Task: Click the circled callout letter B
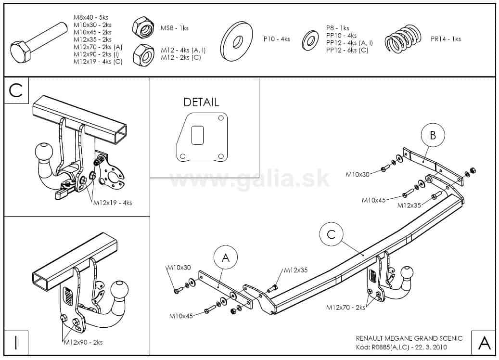[x=433, y=136]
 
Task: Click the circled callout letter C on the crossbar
[x=331, y=234]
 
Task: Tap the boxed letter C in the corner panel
[x=15, y=91]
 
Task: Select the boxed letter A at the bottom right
[x=484, y=342]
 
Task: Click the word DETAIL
[x=201, y=102]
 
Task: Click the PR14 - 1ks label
[x=446, y=39]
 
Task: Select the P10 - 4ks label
[x=276, y=39]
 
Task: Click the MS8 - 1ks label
[x=174, y=28]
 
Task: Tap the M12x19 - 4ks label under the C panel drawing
[x=113, y=203]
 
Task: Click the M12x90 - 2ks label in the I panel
[x=83, y=342]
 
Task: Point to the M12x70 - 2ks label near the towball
[x=345, y=307]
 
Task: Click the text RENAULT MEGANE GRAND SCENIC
[x=409, y=338]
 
